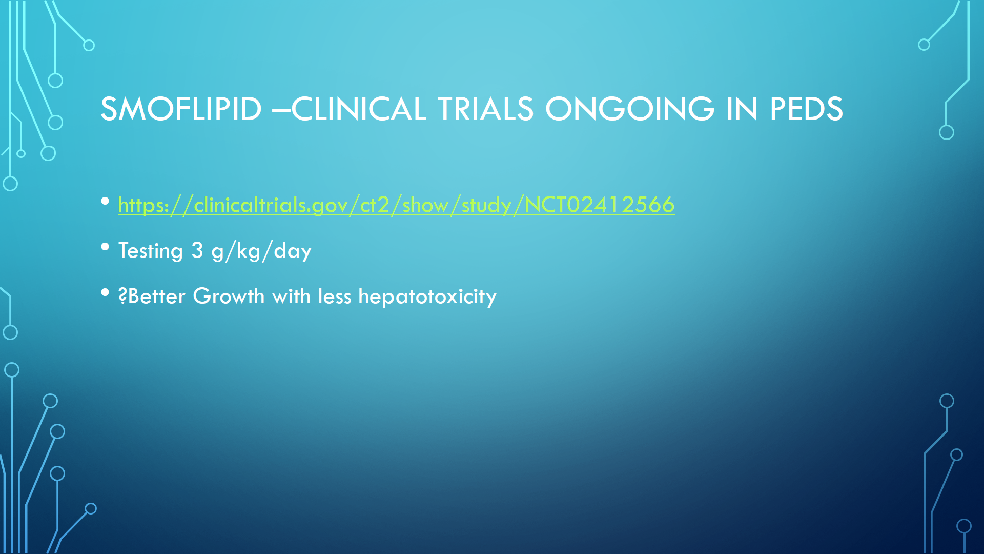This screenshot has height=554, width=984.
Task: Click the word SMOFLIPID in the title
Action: pyautogui.click(x=181, y=109)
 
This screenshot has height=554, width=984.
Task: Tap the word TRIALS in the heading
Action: pyautogui.click(x=485, y=109)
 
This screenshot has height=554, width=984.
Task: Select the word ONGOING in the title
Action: pyautogui.click(x=630, y=109)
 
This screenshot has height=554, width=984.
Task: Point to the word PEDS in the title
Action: pyautogui.click(x=806, y=109)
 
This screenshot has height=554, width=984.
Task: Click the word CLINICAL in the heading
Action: pyautogui.click(x=359, y=109)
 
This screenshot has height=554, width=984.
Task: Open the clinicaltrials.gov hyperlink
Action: pyautogui.click(x=396, y=205)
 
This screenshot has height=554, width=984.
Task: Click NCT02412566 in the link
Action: pyautogui.click(x=600, y=205)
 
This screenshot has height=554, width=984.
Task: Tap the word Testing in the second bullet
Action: pyautogui.click(x=151, y=251)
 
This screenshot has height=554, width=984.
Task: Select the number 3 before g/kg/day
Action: pyautogui.click(x=197, y=250)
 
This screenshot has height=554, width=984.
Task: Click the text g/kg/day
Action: pyautogui.click(x=261, y=251)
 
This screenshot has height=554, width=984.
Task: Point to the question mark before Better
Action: pyautogui.click(x=122, y=296)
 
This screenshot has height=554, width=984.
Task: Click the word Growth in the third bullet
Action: pyautogui.click(x=229, y=296)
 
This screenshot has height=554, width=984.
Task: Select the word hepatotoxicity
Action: pyautogui.click(x=427, y=296)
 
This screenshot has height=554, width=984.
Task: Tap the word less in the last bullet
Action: pyautogui.click(x=335, y=296)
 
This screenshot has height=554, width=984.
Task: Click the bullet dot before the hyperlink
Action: pyautogui.click(x=105, y=201)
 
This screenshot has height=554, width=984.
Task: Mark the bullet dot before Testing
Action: pyautogui.click(x=105, y=247)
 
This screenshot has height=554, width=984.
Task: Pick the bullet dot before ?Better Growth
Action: pyautogui.click(x=105, y=292)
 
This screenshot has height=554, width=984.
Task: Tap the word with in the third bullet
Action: pyautogui.click(x=291, y=296)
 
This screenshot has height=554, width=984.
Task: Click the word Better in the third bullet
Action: pyautogui.click(x=156, y=296)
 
